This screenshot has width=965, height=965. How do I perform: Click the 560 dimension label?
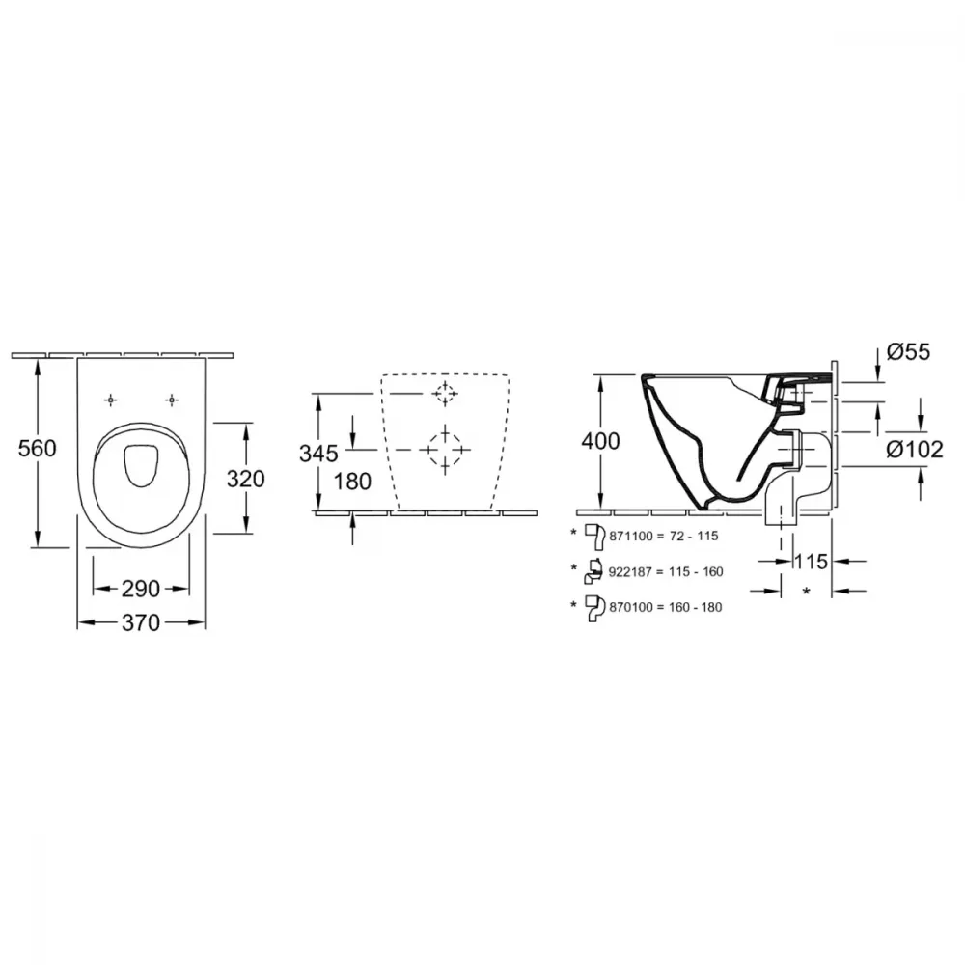click(37, 448)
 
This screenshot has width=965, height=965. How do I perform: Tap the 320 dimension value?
click(245, 479)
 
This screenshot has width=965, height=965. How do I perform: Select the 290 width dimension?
click(140, 589)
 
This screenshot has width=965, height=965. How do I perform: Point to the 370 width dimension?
click(140, 622)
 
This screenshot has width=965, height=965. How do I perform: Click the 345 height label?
click(318, 454)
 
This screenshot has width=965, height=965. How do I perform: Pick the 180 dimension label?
click(352, 482)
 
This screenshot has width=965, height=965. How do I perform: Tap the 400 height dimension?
click(600, 441)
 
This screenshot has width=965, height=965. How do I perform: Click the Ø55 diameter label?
click(908, 352)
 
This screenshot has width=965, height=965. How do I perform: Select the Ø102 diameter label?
click(915, 450)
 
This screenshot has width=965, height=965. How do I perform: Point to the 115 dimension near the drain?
click(811, 562)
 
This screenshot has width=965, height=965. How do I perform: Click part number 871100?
click(631, 536)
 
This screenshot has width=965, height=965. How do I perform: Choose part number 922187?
click(631, 571)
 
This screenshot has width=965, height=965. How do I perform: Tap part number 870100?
click(631, 607)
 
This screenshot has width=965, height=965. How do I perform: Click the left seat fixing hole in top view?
click(110, 400)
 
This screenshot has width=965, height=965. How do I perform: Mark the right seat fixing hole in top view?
click(172, 400)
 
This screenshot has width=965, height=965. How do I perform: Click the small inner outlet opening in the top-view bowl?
click(142, 464)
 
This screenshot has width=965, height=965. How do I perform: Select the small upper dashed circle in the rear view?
click(444, 393)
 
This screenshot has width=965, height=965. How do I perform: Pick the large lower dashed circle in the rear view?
click(445, 450)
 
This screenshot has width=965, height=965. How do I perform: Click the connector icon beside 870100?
click(593, 607)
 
